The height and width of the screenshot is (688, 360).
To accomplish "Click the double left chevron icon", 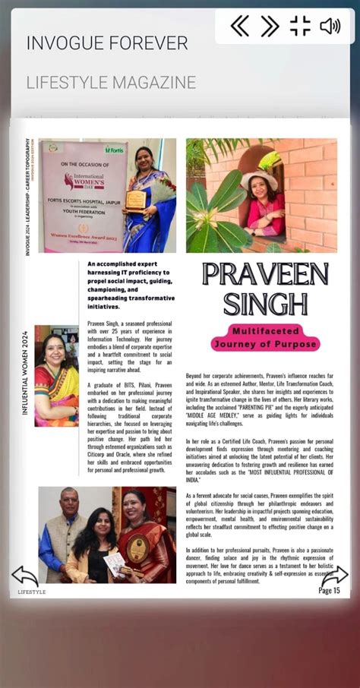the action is tap(240, 27).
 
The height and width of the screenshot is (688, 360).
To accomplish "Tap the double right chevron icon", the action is tap(270, 27).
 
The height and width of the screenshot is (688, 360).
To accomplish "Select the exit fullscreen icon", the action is tap(300, 27).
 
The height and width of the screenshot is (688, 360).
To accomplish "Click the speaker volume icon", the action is tap(330, 27).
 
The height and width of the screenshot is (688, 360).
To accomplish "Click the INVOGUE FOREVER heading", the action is tap(107, 43).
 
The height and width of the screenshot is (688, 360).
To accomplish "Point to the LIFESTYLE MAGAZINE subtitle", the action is tap(111, 83).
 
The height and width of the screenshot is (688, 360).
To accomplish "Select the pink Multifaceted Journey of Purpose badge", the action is tap(265, 338).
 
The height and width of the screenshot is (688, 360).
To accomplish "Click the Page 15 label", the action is tap(329, 590).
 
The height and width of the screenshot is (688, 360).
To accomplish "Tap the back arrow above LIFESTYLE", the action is tap(25, 576).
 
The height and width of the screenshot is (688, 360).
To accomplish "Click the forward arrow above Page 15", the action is tap(335, 576).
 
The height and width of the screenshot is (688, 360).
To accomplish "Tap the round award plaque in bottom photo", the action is tap(137, 549).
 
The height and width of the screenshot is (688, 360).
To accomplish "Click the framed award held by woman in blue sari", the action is tap(135, 200).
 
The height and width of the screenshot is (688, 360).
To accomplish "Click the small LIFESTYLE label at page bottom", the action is tap(32, 592).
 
